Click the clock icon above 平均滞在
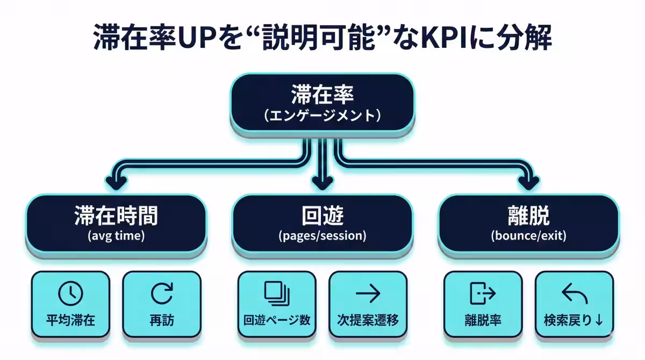[x=70, y=293]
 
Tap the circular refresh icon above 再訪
[x=162, y=293]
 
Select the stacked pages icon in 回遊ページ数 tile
[x=277, y=293]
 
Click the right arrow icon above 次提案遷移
[x=368, y=293]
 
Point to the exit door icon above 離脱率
[x=482, y=293]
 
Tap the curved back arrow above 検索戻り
[x=574, y=293]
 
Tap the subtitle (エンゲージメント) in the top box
[x=322, y=116]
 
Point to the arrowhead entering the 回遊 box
[x=322, y=183]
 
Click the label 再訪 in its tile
[x=162, y=321]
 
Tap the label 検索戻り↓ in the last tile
[x=574, y=321]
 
